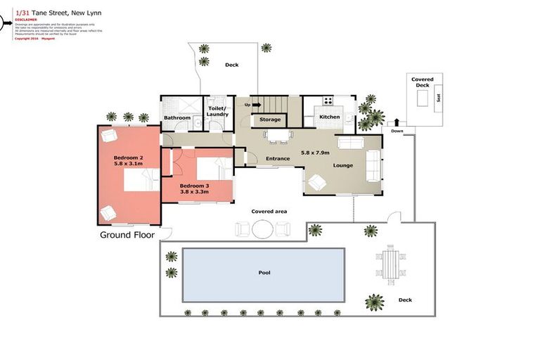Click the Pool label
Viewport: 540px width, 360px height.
[264, 272]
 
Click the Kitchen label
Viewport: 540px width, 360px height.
[330, 117]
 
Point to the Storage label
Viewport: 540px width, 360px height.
[270, 120]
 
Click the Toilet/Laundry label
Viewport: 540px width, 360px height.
[218, 111]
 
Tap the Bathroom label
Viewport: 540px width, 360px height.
[177, 117]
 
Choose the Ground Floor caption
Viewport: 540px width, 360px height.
[127, 235]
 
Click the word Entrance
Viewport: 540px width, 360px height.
[278, 159]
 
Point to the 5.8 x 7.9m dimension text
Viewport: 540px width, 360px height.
[316, 152]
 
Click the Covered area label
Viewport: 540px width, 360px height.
[269, 211]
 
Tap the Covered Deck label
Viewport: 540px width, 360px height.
[423, 82]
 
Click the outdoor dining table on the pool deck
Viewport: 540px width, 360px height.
[388, 262]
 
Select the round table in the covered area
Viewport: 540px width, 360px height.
[262, 229]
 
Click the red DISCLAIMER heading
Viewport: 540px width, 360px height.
[26, 20]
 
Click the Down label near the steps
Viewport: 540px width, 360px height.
[397, 131]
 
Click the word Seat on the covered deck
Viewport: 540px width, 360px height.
[439, 98]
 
